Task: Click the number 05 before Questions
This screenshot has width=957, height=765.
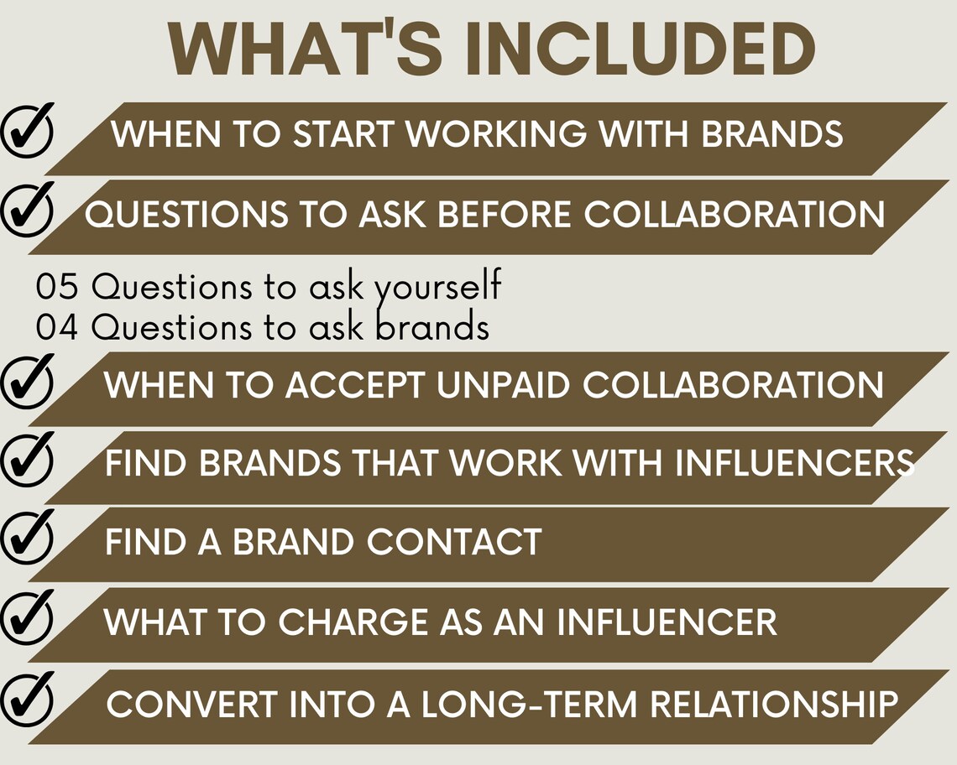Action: coord(57,288)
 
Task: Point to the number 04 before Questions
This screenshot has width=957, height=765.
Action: coord(57,327)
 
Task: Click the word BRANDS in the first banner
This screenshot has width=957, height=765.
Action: coord(772,135)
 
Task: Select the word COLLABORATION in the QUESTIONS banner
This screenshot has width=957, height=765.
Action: coord(735,215)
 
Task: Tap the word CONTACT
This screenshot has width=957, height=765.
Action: coord(454,542)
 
